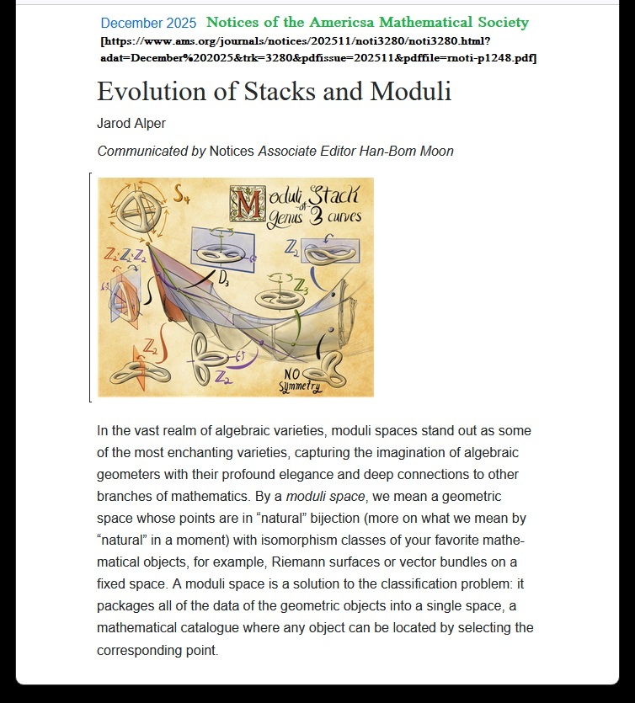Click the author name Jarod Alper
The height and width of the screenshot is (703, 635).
131,124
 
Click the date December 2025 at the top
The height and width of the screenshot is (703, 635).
148,24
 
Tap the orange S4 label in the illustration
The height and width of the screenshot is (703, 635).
181,195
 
